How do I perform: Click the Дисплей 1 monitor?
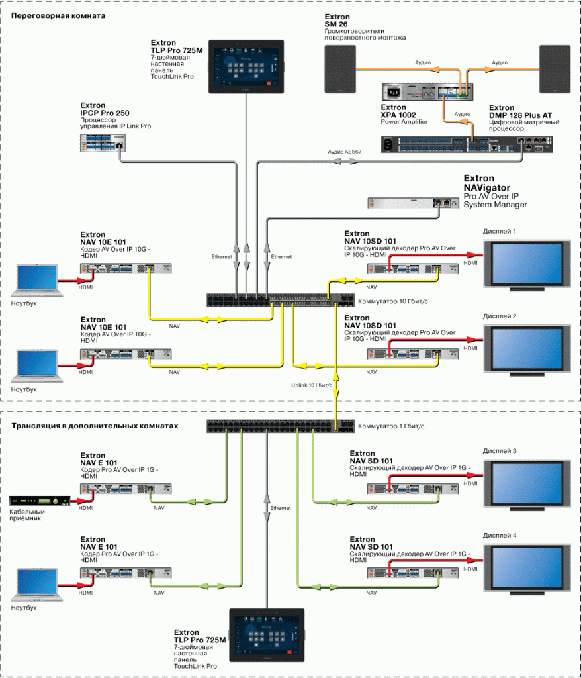523,266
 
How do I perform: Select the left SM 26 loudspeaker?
341,69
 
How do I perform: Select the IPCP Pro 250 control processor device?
102,140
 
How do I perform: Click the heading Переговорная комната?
59,15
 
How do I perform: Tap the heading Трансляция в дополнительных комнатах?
95,426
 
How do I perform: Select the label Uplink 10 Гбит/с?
312,384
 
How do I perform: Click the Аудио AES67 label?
345,152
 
